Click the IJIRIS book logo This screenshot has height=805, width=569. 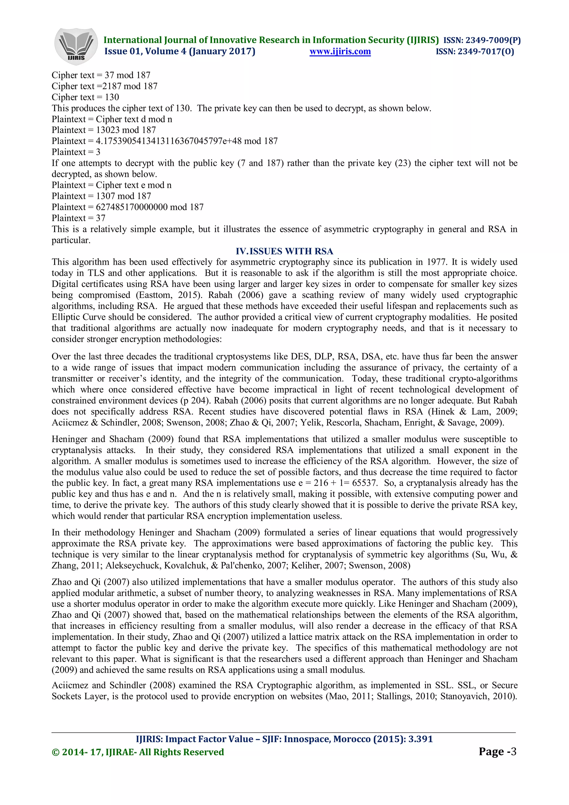pos(76,46)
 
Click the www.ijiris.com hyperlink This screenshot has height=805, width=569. pos(340,52)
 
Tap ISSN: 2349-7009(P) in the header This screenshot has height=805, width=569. pos(482,40)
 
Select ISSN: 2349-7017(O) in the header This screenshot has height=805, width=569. pos(475,52)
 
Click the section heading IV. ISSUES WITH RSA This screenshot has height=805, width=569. pos(284,251)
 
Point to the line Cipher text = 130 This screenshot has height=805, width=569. pos(85,97)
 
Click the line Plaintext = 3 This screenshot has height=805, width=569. pos(76,152)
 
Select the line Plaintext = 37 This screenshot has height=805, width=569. pos(79,218)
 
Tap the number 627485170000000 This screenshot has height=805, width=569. pos(132,207)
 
